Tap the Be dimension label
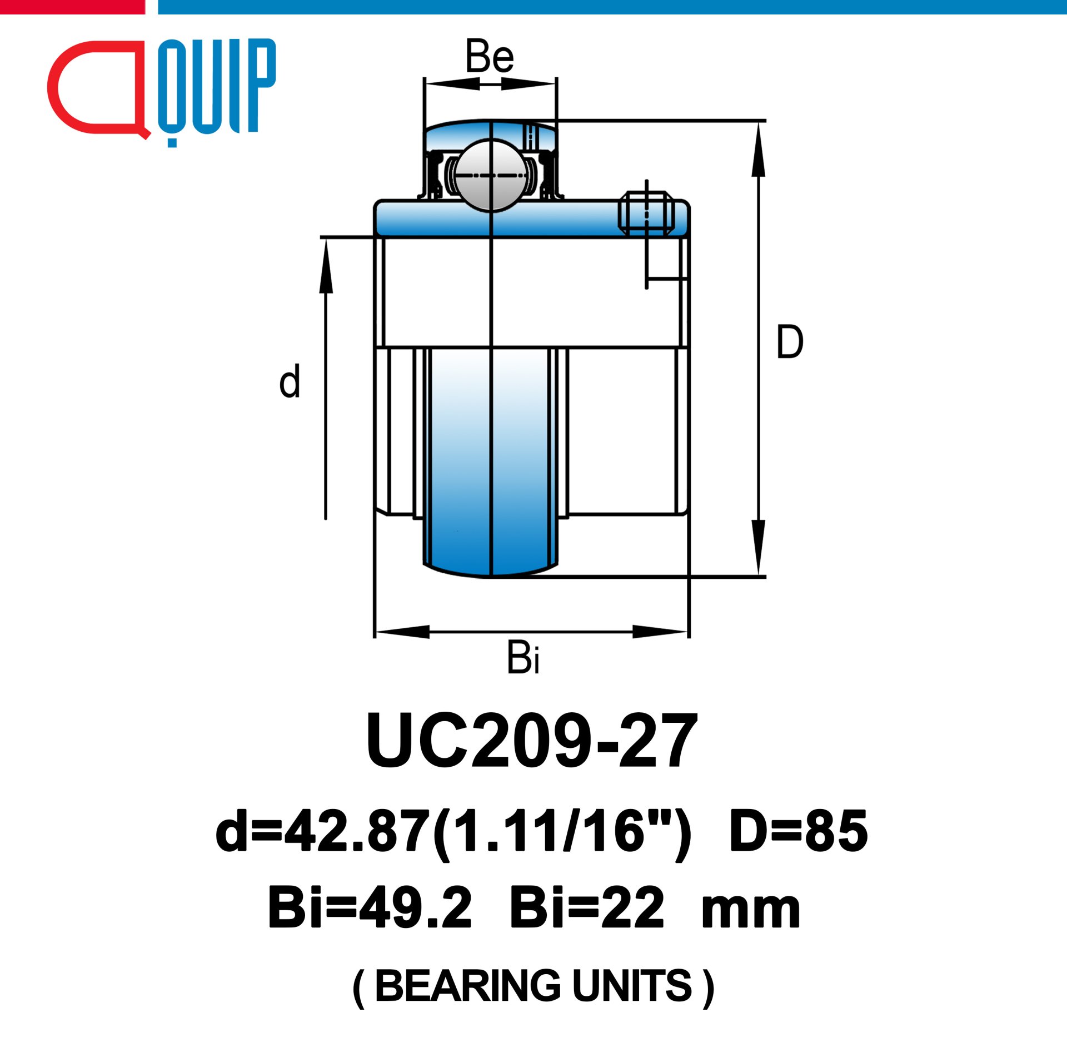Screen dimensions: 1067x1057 click(x=490, y=56)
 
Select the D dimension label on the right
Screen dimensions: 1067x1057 click(x=790, y=341)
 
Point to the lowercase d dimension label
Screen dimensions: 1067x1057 click(x=290, y=381)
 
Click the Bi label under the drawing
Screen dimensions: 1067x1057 click(x=523, y=657)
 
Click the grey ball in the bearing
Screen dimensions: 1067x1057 click(x=491, y=175)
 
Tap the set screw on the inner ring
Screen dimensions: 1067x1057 click(x=646, y=214)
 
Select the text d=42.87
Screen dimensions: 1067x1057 click(x=322, y=831)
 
